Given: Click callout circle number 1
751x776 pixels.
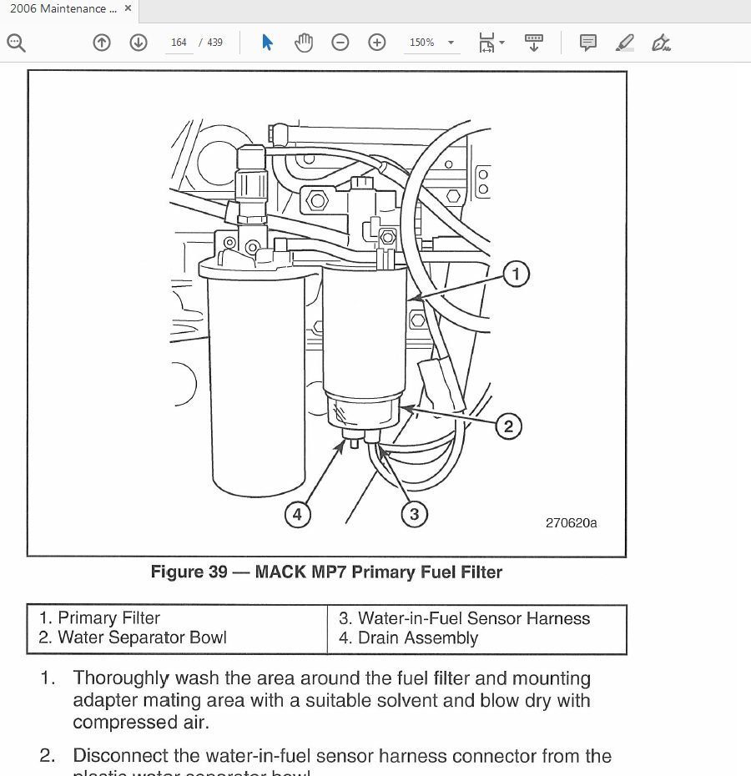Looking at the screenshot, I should coord(516,274).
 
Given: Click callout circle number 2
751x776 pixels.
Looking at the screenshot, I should coord(508,426).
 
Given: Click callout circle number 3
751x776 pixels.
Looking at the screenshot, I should coord(414,514).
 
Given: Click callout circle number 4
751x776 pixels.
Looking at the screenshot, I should coord(297,514).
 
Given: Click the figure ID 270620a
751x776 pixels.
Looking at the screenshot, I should coord(571,523).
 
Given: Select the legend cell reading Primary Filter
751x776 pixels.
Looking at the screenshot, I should coord(99,618).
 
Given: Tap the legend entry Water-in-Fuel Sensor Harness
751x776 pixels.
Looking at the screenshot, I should coord(464,618).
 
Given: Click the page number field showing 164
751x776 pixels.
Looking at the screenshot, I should coord(179,43).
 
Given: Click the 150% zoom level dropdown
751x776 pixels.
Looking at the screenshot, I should coord(431,43).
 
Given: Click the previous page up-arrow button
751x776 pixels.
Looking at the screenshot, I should coord(102,43).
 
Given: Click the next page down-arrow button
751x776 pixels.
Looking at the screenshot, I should coord(139,43).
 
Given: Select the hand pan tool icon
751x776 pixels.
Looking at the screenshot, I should coord(304,43).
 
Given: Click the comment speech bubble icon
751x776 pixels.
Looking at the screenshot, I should coord(587,43).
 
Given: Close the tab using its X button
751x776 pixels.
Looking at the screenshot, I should coord(128,8).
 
